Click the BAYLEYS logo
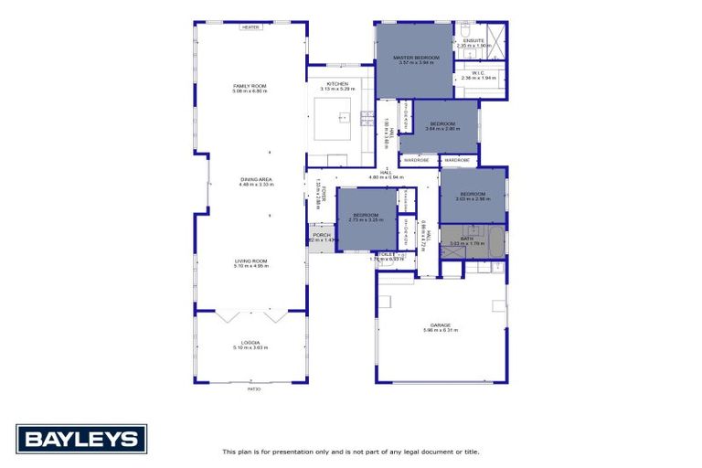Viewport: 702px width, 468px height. click(81, 439)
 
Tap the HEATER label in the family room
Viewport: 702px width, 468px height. click(250, 27)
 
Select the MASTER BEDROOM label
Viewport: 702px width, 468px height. click(416, 58)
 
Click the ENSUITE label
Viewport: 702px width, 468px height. click(473, 40)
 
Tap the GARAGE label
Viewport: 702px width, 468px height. click(441, 324)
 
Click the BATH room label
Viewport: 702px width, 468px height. click(466, 239)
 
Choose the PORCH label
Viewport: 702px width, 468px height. click(322, 235)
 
